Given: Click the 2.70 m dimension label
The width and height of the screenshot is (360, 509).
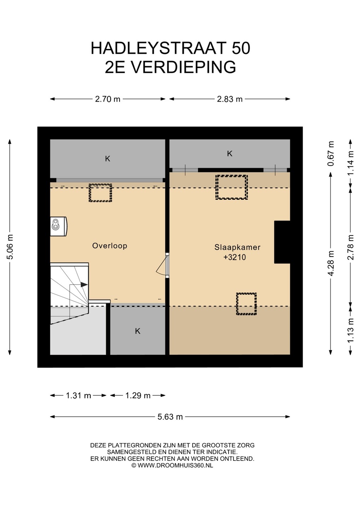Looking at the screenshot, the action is coord(108,99).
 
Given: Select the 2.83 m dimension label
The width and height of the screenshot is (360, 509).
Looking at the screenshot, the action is coord(230,99).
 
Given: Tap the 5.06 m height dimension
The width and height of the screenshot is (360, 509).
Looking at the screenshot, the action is coord(10,247).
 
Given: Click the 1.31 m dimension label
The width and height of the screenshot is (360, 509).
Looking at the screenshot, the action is coord(79,396).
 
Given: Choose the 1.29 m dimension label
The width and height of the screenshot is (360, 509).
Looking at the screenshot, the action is coord(138,396).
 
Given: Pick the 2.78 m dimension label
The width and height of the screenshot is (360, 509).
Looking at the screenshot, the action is coord(351,247).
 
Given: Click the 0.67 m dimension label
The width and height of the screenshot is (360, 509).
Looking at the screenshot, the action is coord(331,153).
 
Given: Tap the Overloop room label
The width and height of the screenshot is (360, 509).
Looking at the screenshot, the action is coord(110,246).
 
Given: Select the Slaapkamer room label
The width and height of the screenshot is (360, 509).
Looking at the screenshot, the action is coord(237,247).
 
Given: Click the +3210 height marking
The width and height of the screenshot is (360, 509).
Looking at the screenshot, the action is coord(234,257).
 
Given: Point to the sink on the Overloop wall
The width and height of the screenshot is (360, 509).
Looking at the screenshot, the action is coord(58,227).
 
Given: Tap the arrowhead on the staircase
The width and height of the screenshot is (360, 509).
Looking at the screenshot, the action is coord(84,285).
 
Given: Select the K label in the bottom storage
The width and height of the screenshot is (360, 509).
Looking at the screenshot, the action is coord(138,331).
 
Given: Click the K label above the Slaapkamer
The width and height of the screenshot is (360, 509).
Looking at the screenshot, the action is coord(230,154).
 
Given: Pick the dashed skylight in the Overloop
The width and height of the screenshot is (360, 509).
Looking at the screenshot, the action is coord(100,193).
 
